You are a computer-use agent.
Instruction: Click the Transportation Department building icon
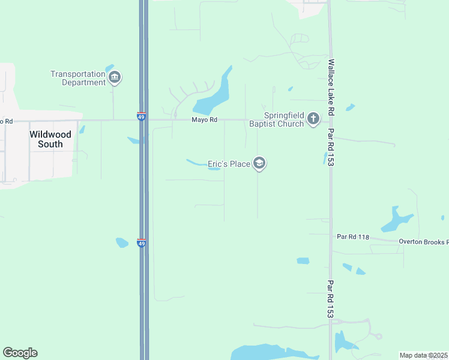[x=115, y=77]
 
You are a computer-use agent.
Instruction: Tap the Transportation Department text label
[x=78, y=78]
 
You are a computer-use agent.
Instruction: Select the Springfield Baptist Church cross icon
[x=313, y=119]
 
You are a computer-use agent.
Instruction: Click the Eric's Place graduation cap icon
[x=259, y=163]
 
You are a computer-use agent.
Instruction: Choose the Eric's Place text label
[x=229, y=163]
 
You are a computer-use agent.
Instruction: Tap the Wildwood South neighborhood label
[x=50, y=139]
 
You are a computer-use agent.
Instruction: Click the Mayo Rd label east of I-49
[x=203, y=120]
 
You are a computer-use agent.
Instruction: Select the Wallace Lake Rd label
[x=331, y=87]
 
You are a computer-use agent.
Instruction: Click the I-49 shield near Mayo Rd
[x=141, y=116]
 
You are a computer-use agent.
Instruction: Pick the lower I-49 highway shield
[x=142, y=242]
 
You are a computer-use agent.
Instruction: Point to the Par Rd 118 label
[x=352, y=237]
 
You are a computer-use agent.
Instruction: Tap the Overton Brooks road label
[x=423, y=242]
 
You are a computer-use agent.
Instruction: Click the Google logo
[x=20, y=353]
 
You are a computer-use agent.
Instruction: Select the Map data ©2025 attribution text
[x=423, y=355]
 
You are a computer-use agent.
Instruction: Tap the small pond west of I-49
[x=122, y=242]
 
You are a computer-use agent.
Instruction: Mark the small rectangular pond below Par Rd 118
[x=303, y=261]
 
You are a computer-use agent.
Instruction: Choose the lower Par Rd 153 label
[x=331, y=298]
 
